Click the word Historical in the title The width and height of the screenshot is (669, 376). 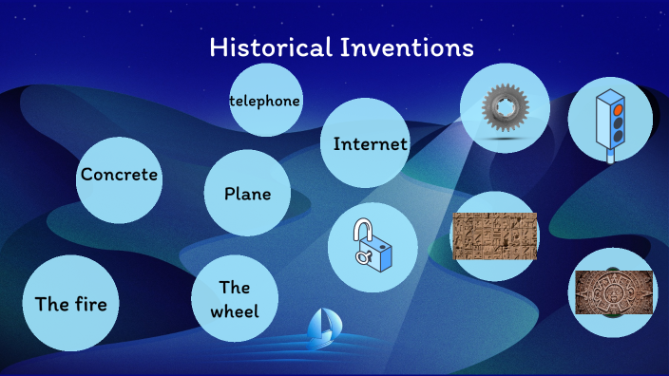[x=270, y=47]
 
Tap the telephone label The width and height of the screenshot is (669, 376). [x=265, y=101]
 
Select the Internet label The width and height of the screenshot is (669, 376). [x=370, y=144]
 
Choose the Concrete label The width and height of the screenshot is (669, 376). [x=119, y=175]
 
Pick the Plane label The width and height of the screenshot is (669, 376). [x=247, y=194]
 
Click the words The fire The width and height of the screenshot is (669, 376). [x=70, y=304]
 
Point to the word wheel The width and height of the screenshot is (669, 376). [x=234, y=310]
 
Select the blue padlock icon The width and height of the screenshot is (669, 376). [x=373, y=246]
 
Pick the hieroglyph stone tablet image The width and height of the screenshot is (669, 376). [x=495, y=236]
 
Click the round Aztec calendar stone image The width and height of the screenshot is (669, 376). [x=613, y=291]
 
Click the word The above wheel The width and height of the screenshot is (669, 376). [x=234, y=287]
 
